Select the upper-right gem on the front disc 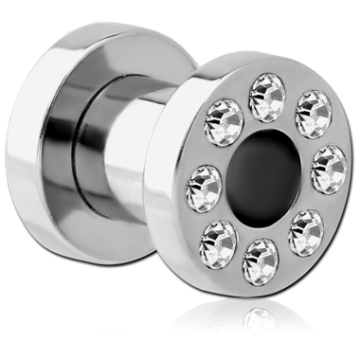click(x=312, y=114)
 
